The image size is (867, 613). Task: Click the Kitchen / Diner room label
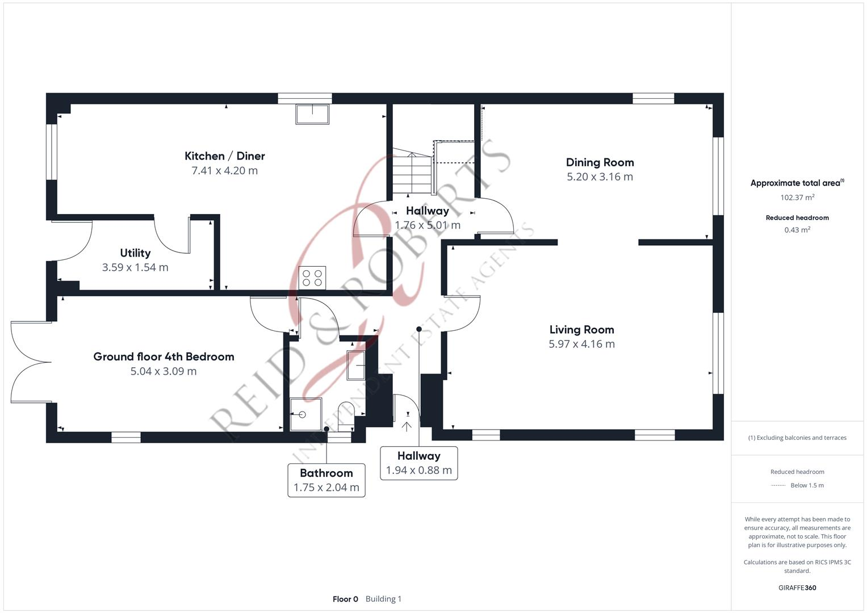224,156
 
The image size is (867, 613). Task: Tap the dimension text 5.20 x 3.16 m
600,177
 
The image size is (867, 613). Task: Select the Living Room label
581,330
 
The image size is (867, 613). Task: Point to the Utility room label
135,253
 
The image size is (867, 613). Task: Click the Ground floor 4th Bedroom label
164,357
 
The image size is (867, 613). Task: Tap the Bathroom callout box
326,480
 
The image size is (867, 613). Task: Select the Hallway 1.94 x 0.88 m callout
419,463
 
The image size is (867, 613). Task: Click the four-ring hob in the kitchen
312,278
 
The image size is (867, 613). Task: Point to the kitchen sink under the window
312,114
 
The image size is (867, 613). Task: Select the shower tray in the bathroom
306,414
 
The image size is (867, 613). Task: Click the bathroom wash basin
355,365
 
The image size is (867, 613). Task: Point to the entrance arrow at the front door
407,426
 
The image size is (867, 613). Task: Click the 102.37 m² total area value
797,198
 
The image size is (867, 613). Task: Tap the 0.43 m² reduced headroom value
797,230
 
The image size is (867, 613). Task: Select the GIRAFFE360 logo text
797,588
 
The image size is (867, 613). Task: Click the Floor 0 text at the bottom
345,599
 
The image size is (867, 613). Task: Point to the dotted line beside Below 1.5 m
778,485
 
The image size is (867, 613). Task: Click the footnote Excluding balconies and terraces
797,438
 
